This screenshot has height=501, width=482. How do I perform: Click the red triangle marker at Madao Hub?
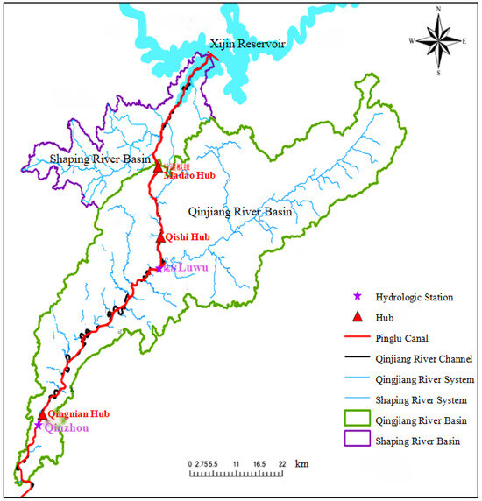coord(159,165)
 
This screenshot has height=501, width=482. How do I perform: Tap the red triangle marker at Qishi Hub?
coord(159,236)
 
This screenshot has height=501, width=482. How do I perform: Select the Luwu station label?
coord(191,268)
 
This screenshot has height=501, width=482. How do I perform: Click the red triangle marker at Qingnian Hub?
coord(42,413)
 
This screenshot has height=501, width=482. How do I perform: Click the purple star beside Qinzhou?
coord(39,426)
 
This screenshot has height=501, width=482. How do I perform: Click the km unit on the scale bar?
coord(301,463)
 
